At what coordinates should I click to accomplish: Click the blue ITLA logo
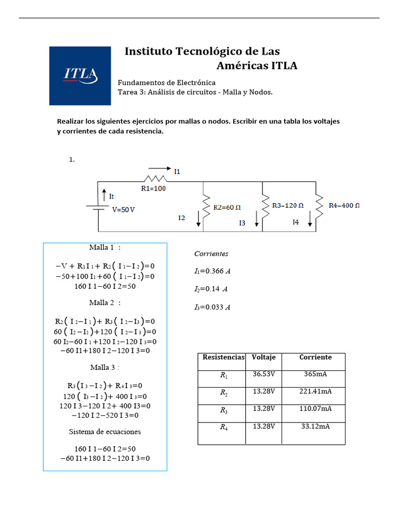click(x=80, y=76)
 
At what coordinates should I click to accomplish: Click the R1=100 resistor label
click(x=153, y=189)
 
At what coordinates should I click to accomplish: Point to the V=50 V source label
click(x=124, y=210)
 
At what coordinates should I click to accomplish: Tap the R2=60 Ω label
click(x=227, y=207)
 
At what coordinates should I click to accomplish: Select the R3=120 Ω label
click(x=288, y=205)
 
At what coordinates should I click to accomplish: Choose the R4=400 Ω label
click(x=344, y=205)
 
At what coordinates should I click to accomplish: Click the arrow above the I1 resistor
click(x=159, y=168)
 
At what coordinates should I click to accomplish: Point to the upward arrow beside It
click(x=104, y=196)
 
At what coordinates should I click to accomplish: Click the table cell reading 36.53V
click(x=263, y=375)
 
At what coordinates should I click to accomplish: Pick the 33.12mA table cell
click(x=315, y=427)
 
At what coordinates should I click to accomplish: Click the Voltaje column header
click(x=263, y=357)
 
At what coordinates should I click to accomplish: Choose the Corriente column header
click(x=315, y=357)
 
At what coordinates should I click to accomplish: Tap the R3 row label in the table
click(x=223, y=410)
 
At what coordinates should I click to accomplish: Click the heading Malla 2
click(x=104, y=302)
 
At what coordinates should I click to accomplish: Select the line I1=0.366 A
click(x=212, y=271)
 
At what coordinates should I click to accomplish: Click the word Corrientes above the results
click(x=211, y=254)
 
